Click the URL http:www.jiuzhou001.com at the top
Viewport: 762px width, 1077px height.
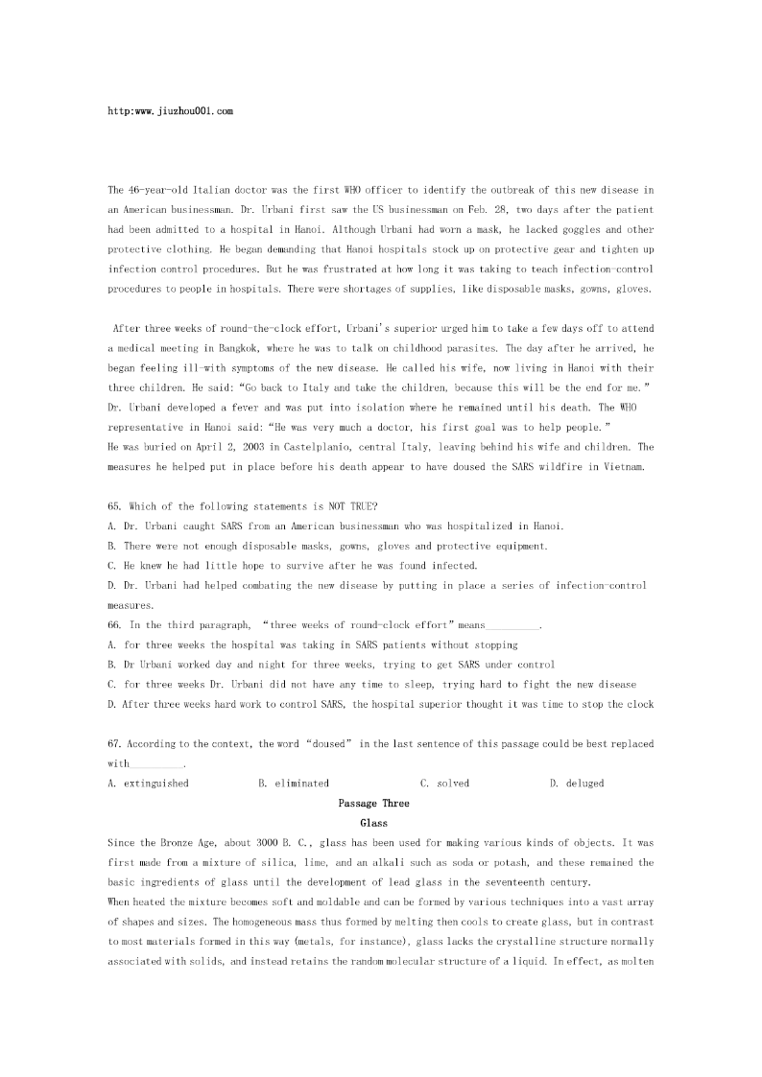[171, 111]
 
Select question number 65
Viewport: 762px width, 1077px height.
[116, 506]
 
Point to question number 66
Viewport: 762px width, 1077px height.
[116, 624]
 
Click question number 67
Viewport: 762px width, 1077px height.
[116, 743]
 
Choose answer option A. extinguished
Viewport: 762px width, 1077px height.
[149, 784]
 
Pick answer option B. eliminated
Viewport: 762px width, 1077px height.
[294, 784]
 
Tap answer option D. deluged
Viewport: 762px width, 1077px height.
[577, 784]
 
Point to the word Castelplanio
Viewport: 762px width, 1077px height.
[299, 447]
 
